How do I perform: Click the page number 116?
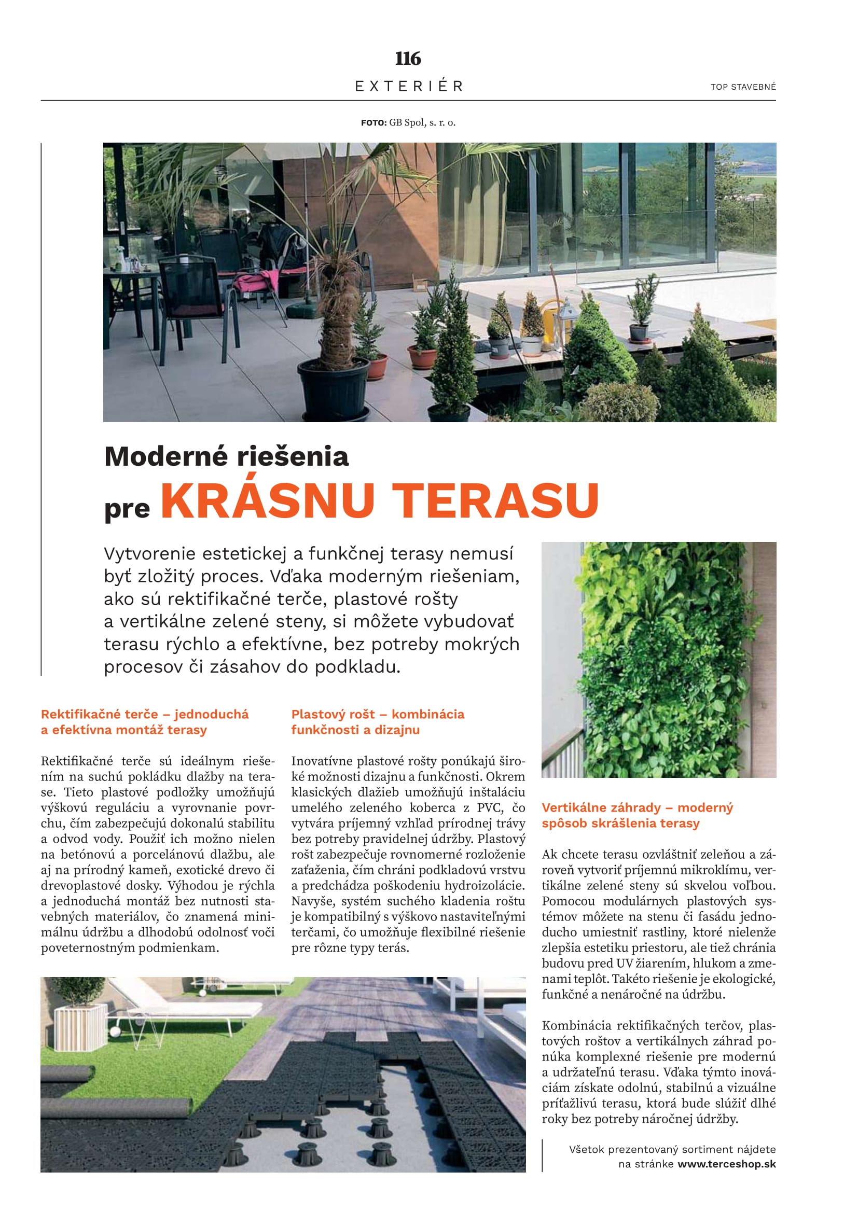(408, 58)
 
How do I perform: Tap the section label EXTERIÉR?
(409, 86)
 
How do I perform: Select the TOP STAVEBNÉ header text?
(743, 87)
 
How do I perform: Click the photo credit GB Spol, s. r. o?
(422, 122)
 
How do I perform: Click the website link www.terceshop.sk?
(726, 1164)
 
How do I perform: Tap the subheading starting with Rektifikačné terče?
(145, 722)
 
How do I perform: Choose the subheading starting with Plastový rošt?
(377, 722)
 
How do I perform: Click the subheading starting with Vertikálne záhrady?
(636, 815)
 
